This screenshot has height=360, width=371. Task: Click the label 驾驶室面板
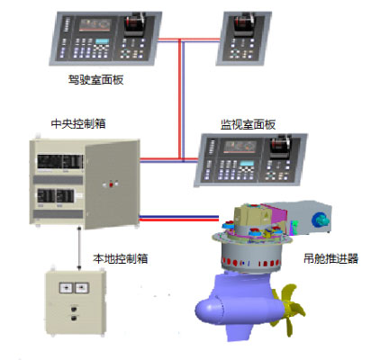point(95,80)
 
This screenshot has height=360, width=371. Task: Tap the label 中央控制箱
point(78,123)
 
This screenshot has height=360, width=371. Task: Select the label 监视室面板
point(248,124)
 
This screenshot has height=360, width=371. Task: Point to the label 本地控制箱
point(121,258)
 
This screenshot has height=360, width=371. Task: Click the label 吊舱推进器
point(330,258)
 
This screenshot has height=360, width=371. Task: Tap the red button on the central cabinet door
point(111,184)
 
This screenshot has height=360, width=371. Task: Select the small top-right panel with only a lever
point(244,38)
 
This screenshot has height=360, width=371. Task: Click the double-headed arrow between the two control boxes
point(79,248)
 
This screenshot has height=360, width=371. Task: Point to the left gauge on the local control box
point(67,288)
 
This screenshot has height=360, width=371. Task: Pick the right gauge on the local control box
point(82,288)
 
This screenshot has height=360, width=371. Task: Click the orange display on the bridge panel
point(95,25)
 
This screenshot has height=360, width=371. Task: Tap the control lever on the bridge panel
point(134,23)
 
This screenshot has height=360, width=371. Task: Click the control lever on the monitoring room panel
point(280,146)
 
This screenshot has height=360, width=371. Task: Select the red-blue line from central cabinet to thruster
point(179,218)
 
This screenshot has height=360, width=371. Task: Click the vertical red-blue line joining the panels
point(181,100)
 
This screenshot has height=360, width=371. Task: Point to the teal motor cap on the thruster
point(320,220)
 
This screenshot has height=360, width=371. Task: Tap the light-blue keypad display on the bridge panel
point(103,41)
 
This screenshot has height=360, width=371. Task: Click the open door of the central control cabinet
point(112,184)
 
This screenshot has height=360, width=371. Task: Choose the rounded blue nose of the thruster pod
point(209,311)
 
